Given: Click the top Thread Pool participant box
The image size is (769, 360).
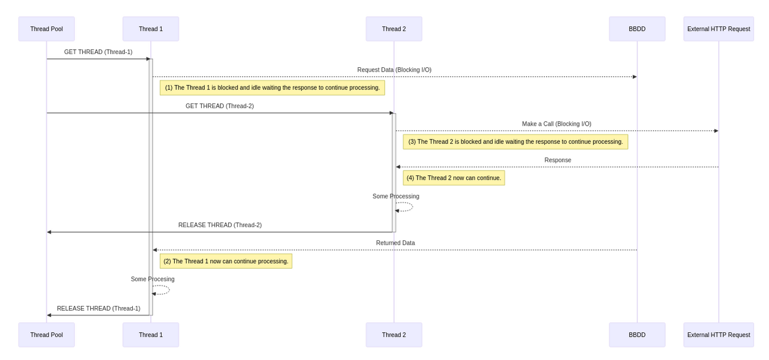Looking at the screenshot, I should pyautogui.click(x=46, y=29).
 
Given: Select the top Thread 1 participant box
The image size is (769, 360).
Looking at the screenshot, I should pyautogui.click(x=151, y=29).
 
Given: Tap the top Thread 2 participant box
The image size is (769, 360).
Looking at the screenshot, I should pyautogui.click(x=394, y=29).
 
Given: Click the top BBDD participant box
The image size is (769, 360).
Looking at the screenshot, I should pyautogui.click(x=637, y=29).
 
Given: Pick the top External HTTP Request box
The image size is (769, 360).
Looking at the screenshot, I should pyautogui.click(x=718, y=29).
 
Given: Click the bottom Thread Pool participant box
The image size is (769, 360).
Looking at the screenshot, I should pyautogui.click(x=46, y=335).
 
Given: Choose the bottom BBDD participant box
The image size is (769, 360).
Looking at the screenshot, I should pyautogui.click(x=637, y=335).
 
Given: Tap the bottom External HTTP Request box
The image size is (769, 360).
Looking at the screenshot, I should pyautogui.click(x=718, y=335).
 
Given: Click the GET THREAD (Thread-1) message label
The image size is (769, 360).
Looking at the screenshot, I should pyautogui.click(x=98, y=52).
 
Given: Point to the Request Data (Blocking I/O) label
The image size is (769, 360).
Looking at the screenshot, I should pyautogui.click(x=394, y=70).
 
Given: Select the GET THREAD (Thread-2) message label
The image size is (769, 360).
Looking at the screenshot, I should pyautogui.click(x=219, y=106).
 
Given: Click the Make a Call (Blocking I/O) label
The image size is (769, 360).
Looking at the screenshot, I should pyautogui.click(x=556, y=124).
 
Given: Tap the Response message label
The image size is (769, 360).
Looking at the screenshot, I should pyautogui.click(x=558, y=160).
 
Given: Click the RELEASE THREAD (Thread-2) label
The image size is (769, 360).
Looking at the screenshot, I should pyautogui.click(x=220, y=225).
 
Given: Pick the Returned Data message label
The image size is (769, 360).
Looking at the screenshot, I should pyautogui.click(x=395, y=243).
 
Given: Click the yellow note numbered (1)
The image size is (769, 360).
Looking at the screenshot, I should pyautogui.click(x=272, y=88).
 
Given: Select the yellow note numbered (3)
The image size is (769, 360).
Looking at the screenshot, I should pyautogui.click(x=515, y=142).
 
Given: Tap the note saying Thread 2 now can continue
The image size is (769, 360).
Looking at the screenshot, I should pyautogui.click(x=454, y=178).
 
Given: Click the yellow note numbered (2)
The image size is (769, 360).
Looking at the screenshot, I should pyautogui.click(x=226, y=261).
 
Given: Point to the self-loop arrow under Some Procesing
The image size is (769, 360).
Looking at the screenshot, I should pyautogui.click(x=162, y=290).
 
